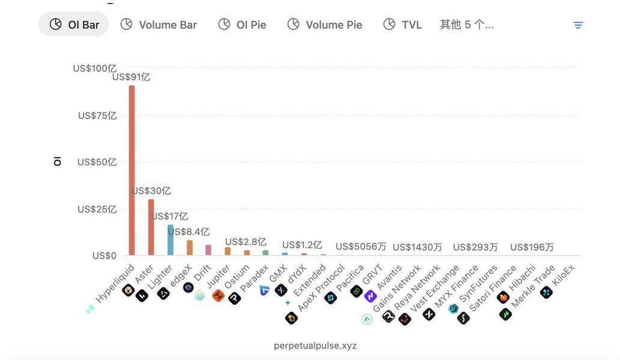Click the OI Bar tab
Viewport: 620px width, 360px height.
(73, 25)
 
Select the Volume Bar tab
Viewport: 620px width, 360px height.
(159, 25)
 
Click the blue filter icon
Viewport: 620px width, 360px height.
(578, 25)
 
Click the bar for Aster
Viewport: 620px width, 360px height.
(151, 227)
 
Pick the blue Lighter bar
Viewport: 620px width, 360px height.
(170, 240)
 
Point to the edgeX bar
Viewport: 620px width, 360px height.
(189, 248)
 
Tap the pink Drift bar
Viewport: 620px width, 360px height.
(208, 250)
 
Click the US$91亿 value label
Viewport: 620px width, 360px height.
(131, 77)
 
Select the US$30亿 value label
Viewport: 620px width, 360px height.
(151, 191)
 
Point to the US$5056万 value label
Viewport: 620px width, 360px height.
(360, 246)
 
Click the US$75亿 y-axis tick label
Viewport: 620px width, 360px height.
(97, 115)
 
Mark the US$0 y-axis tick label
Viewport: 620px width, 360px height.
(105, 255)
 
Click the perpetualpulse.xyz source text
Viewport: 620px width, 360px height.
(315, 346)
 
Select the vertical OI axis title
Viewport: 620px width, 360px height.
(58, 161)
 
